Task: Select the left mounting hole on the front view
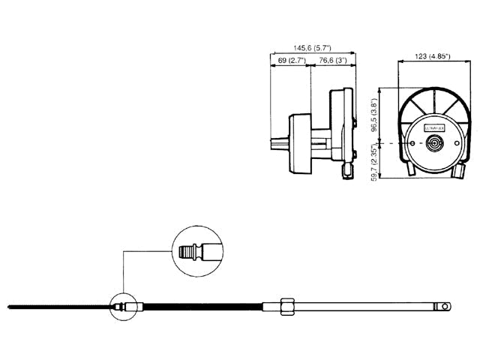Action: [411, 142]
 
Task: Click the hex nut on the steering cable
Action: [285, 306]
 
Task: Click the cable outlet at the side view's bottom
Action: [346, 172]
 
